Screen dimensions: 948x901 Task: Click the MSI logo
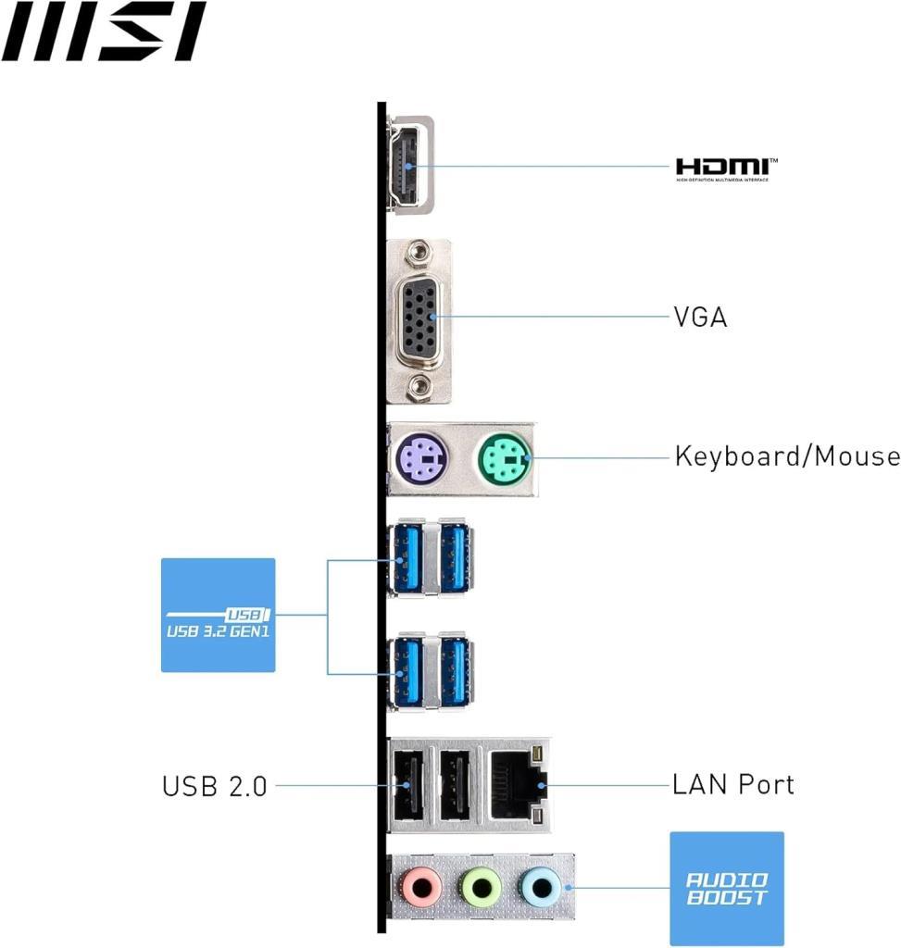point(104,31)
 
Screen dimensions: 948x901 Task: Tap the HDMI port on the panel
point(407,166)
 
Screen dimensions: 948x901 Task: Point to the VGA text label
point(700,318)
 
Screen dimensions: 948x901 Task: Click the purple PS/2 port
point(422,457)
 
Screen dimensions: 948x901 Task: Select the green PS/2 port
point(504,457)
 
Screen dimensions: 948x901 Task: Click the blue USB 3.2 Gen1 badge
point(218,615)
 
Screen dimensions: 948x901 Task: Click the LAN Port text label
point(732,785)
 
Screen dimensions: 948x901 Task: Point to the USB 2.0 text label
point(215,787)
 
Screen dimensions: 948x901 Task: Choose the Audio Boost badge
point(726,889)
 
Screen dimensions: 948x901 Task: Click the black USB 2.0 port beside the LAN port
point(454,785)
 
